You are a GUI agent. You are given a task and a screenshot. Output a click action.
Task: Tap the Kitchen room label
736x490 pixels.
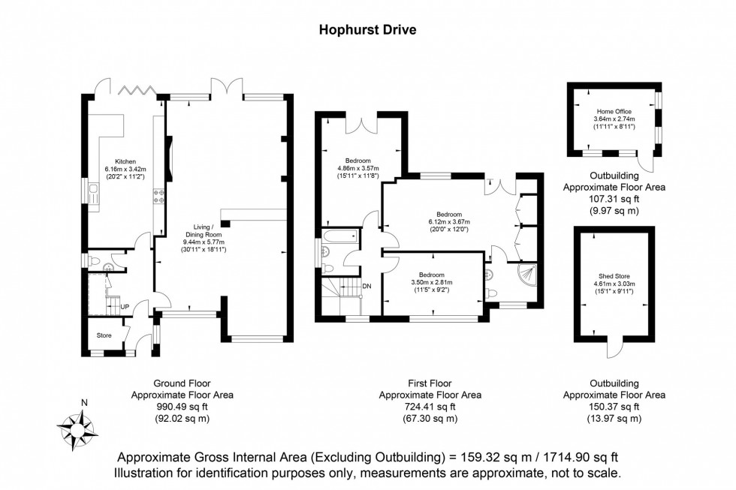pyautogui.click(x=125, y=161)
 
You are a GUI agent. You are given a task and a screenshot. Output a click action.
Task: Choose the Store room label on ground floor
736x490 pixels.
pyautogui.click(x=102, y=335)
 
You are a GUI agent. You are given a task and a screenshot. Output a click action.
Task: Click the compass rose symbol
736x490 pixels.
pyautogui.click(x=77, y=425)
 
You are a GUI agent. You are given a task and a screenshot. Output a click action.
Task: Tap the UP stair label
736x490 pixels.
pyautogui.click(x=125, y=306)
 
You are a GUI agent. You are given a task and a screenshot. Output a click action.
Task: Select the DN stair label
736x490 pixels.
pyautogui.click(x=367, y=287)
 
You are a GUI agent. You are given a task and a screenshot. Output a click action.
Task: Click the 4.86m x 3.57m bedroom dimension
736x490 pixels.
pyautogui.click(x=358, y=169)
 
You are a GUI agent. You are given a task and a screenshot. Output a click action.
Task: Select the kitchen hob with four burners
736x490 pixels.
pyautogui.click(x=159, y=196)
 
